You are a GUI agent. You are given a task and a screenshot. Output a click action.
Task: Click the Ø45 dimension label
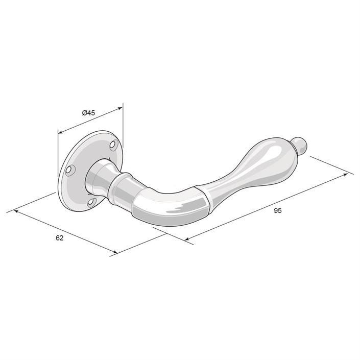88,113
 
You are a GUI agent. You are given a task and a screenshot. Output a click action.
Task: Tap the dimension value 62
59,238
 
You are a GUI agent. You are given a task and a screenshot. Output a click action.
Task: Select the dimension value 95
278,210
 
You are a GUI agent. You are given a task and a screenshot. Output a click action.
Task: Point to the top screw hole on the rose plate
113,145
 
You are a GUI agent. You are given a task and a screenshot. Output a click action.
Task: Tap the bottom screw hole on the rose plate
91,202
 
